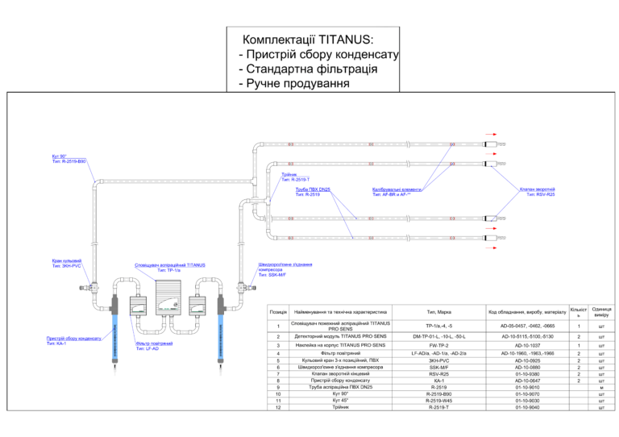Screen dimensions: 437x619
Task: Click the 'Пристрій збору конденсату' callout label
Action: (73, 340)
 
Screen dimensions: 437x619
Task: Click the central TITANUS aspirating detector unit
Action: (179, 298)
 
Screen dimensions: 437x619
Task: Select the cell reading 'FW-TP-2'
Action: (438, 345)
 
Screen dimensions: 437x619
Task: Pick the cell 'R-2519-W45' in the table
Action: (438, 400)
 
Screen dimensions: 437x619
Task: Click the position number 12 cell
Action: (277, 407)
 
